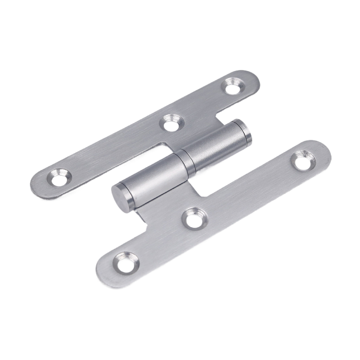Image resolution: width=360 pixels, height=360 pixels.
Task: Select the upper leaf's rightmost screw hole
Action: (x=233, y=85)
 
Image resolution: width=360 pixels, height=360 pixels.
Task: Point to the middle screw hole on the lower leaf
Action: (x=194, y=218)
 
